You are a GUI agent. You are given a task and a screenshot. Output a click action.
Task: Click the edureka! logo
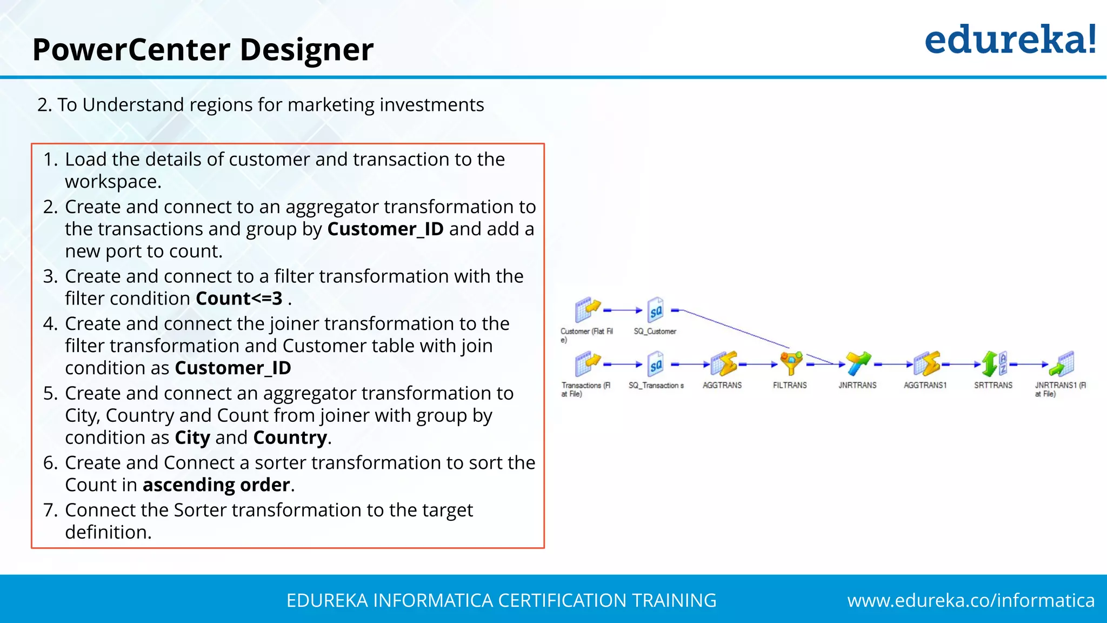(1010, 40)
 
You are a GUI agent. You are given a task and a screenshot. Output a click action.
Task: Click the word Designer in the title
(306, 50)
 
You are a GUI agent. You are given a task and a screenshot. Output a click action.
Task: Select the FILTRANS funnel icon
(791, 363)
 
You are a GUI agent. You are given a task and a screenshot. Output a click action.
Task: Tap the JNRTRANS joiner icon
(858, 363)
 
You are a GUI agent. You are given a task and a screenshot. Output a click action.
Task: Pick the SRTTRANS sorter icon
(993, 363)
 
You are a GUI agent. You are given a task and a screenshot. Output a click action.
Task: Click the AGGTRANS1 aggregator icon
(926, 363)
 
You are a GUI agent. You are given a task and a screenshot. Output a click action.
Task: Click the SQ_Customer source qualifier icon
(655, 309)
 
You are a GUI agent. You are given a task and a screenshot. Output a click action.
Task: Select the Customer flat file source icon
(587, 309)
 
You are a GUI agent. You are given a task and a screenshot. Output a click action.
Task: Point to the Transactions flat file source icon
(587, 363)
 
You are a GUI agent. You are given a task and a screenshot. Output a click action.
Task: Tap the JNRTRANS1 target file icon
(1061, 363)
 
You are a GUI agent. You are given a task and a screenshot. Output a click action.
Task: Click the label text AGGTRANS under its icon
(722, 385)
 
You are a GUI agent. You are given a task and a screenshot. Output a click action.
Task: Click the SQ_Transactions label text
(656, 385)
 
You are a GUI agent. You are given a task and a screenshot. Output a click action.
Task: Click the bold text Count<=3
(239, 299)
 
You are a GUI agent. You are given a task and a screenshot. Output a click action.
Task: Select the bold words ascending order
(216, 485)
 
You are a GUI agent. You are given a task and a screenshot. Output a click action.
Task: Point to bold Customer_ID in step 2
(385, 229)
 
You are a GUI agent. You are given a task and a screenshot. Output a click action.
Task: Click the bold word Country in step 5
(290, 438)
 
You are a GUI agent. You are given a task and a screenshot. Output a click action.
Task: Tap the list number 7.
(50, 510)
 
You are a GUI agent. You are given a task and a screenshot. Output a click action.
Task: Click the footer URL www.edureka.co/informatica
(971, 600)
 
